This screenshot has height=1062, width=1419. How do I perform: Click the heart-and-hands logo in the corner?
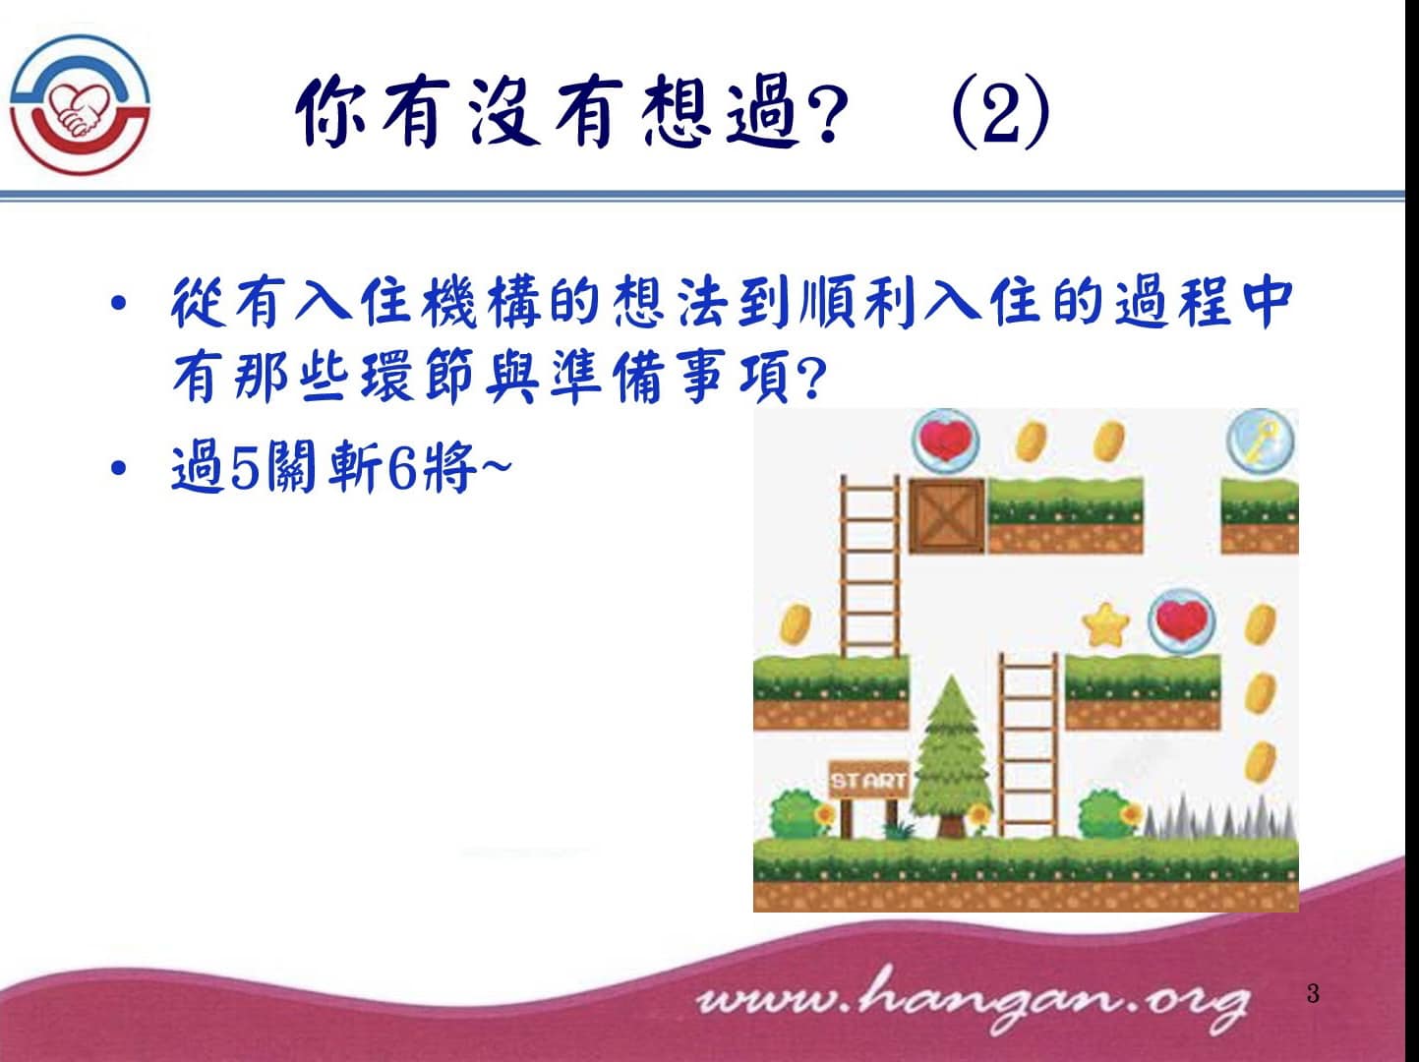click(80, 104)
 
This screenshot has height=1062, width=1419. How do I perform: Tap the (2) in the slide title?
click(1001, 111)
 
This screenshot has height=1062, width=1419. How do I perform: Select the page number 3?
click(1313, 993)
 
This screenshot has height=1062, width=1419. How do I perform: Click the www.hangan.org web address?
click(972, 999)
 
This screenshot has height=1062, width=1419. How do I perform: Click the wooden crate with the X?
click(947, 516)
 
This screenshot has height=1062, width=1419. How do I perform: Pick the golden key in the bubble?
click(1261, 441)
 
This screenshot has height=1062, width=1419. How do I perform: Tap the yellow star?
click(1106, 625)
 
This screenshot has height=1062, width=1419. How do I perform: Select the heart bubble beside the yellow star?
click(1182, 621)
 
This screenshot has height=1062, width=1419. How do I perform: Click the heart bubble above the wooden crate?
click(945, 442)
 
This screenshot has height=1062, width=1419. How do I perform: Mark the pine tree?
click(951, 756)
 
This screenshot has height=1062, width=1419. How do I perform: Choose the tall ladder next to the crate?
click(869, 566)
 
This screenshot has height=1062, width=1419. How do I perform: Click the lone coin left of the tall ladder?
click(796, 624)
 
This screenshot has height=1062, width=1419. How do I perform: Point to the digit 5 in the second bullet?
click(244, 467)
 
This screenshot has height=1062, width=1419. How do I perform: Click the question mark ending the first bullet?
click(813, 381)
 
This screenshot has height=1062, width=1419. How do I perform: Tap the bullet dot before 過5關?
click(118, 467)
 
